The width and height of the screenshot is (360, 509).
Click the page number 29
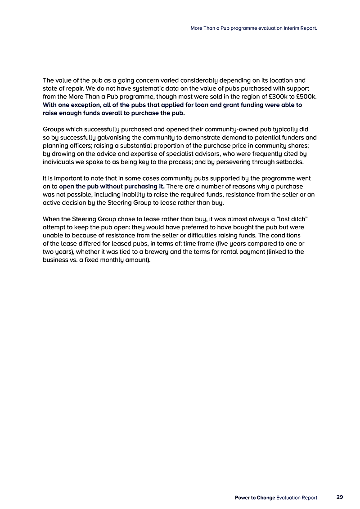339,497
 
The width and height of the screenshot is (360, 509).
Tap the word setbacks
291,162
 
